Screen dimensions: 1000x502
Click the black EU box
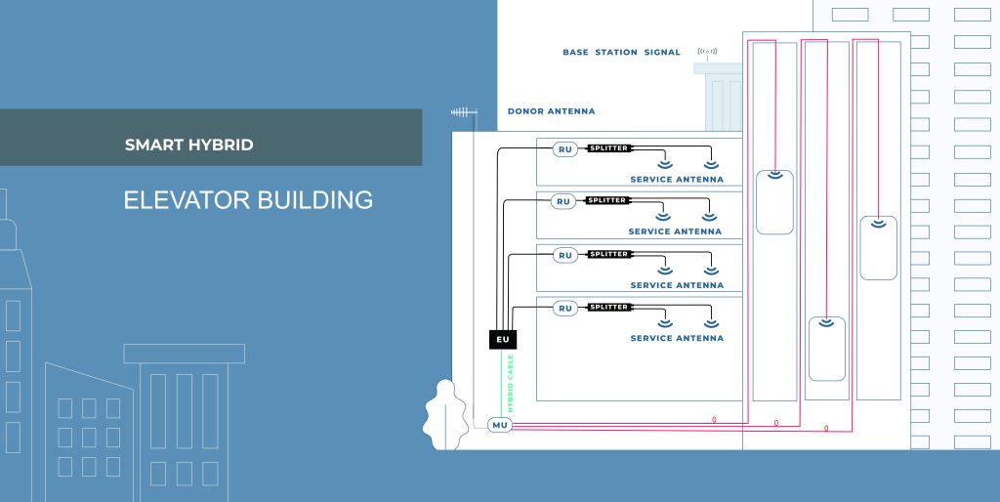point(503,339)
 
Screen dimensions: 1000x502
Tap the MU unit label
point(500,425)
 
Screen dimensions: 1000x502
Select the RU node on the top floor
point(565,149)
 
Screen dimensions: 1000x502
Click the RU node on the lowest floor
point(565,308)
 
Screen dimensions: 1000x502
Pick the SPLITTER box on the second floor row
point(607,200)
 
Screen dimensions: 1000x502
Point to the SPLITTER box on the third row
point(609,254)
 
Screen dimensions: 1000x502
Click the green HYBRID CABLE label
point(510,384)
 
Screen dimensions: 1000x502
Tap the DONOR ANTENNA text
point(551,111)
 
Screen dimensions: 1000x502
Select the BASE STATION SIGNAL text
point(621,53)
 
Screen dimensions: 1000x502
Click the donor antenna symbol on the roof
point(464,112)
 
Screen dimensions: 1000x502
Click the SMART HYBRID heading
point(188,145)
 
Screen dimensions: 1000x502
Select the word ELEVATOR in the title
point(187,200)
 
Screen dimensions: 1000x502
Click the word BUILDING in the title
point(315,200)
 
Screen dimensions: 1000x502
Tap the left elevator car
point(774,202)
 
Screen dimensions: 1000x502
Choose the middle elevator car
point(827,349)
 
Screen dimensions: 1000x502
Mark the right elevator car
point(878,248)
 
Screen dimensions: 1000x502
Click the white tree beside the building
point(445,415)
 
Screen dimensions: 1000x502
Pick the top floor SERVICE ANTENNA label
point(677,180)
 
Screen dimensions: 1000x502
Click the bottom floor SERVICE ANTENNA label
point(677,338)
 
